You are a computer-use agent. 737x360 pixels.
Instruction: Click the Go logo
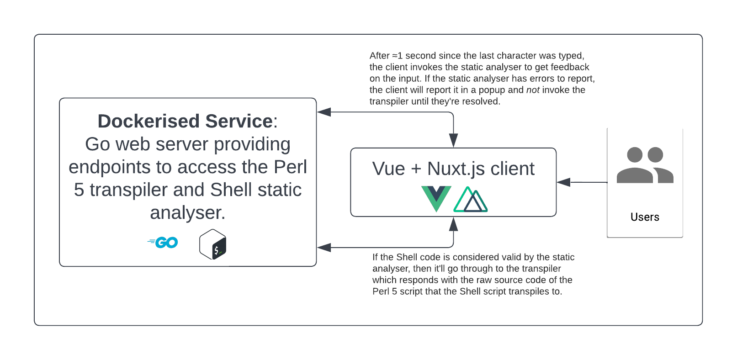pyautogui.click(x=163, y=243)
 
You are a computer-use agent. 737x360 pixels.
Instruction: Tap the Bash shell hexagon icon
pyautogui.click(x=213, y=244)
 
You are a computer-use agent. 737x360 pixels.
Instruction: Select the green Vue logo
pyautogui.click(x=436, y=198)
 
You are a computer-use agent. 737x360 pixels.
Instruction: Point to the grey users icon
pyautogui.click(x=645, y=165)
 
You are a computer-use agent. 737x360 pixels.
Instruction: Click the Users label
pyautogui.click(x=645, y=217)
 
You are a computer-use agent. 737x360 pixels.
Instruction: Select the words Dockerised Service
pyautogui.click(x=185, y=122)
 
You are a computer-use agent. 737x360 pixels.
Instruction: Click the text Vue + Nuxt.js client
pyautogui.click(x=453, y=169)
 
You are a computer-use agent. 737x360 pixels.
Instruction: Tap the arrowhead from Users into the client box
pyautogui.click(x=563, y=182)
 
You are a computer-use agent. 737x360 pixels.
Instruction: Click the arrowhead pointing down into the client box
pyautogui.click(x=453, y=140)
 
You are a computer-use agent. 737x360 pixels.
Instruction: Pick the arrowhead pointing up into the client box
pyautogui.click(x=453, y=224)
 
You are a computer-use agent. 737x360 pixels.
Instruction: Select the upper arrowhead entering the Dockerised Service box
pyautogui.click(x=324, y=112)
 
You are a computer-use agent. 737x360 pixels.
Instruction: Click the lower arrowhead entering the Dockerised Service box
pyautogui.click(x=324, y=248)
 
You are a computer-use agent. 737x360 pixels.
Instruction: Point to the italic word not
pyautogui.click(x=533, y=90)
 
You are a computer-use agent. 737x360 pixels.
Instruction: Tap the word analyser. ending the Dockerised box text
pyautogui.click(x=188, y=213)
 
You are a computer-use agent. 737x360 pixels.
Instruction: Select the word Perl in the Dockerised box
pyautogui.click(x=290, y=167)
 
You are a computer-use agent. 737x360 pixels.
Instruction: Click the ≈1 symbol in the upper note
pyautogui.click(x=397, y=56)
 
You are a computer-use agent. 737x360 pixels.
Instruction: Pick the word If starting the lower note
pyautogui.click(x=375, y=257)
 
